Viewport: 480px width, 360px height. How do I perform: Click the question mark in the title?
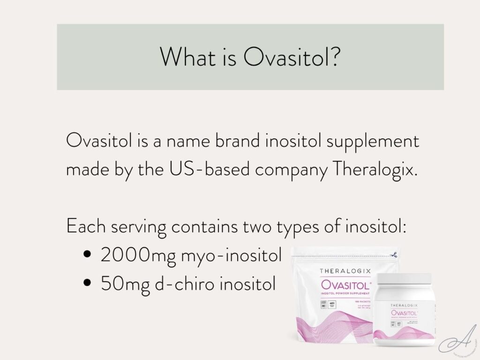pyautogui.click(x=332, y=57)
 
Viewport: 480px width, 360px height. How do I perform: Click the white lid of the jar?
pyautogui.click(x=405, y=281)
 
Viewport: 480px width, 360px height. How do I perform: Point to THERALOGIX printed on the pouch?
pyautogui.click(x=346, y=271)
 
